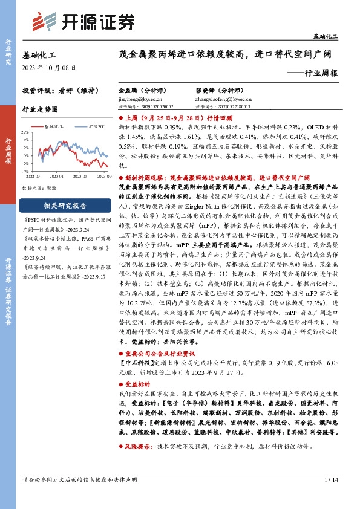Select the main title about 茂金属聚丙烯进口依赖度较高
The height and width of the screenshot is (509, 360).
pyautogui.click(x=227, y=54)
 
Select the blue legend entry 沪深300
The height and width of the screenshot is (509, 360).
pyautogui.click(x=94, y=126)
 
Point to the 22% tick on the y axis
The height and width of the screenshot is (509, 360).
pyautogui.click(x=25, y=132)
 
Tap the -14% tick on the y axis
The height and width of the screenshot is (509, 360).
pyautogui.click(x=25, y=171)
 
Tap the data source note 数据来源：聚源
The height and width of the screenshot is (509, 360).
pyautogui.click(x=39, y=188)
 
